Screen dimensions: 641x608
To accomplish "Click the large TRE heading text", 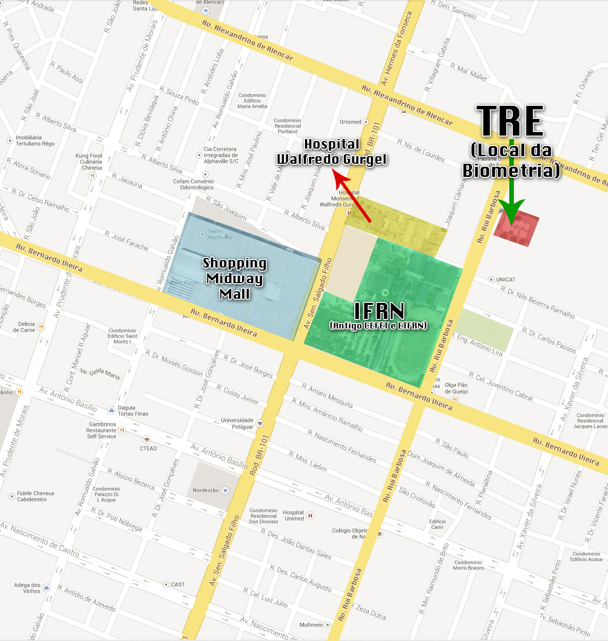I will pos(510,121).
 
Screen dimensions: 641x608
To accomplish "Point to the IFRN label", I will pos(379,311).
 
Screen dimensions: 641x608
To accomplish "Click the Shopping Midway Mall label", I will pos(235,278).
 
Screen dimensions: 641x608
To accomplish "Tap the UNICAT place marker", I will pos(491,279).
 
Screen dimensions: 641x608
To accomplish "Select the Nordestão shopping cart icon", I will pos(225,490).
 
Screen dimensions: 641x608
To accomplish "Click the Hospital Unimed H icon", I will pos(311,516).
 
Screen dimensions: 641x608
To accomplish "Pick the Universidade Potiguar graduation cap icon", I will pos(260,423).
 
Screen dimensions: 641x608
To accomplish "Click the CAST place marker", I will pos(166,585).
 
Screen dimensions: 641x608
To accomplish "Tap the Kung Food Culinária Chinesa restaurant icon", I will pos(92,176).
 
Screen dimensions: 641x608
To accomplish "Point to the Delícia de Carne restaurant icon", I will pos(41,327).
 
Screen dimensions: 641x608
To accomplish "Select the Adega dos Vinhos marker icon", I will pos(47,588).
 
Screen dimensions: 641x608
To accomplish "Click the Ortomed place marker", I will pos(366,122).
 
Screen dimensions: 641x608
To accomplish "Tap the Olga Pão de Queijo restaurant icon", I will pos(455,400).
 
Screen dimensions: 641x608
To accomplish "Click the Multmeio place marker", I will pos(328,625).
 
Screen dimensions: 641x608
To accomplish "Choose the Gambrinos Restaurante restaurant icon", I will pos(122,430).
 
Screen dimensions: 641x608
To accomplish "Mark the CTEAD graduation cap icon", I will pos(146,440).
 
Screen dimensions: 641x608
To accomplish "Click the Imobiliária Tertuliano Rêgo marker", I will pos(10,141).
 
